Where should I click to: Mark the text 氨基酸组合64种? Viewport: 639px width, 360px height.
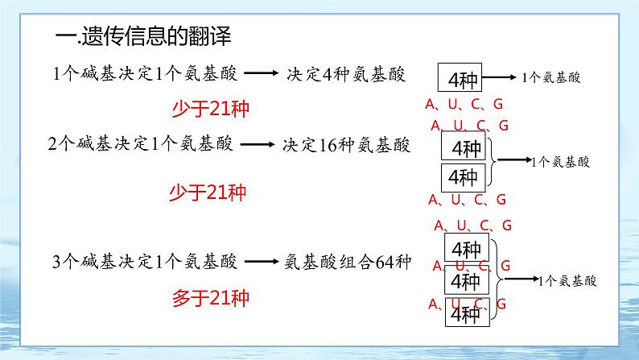[x=348, y=262]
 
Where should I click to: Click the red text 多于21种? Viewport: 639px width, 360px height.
[x=211, y=299]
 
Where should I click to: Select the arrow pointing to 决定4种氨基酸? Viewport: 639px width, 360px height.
[x=260, y=75]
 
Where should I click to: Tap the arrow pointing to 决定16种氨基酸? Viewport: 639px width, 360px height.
[x=257, y=146]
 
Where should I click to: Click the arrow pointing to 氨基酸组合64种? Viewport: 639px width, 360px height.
[x=261, y=262]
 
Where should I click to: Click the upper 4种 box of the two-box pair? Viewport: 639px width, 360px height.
[x=464, y=149]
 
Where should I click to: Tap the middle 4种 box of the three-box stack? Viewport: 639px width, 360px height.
[x=465, y=281]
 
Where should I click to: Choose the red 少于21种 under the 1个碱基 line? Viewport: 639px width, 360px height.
[x=211, y=108]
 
